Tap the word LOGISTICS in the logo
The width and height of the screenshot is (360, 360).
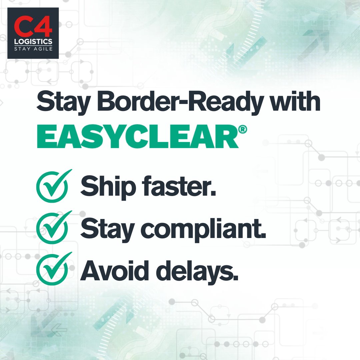pyautogui.click(x=33, y=42)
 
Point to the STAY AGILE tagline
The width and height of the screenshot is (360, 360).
pyautogui.click(x=33, y=49)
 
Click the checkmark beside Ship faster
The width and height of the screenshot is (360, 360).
pyautogui.click(x=53, y=185)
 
